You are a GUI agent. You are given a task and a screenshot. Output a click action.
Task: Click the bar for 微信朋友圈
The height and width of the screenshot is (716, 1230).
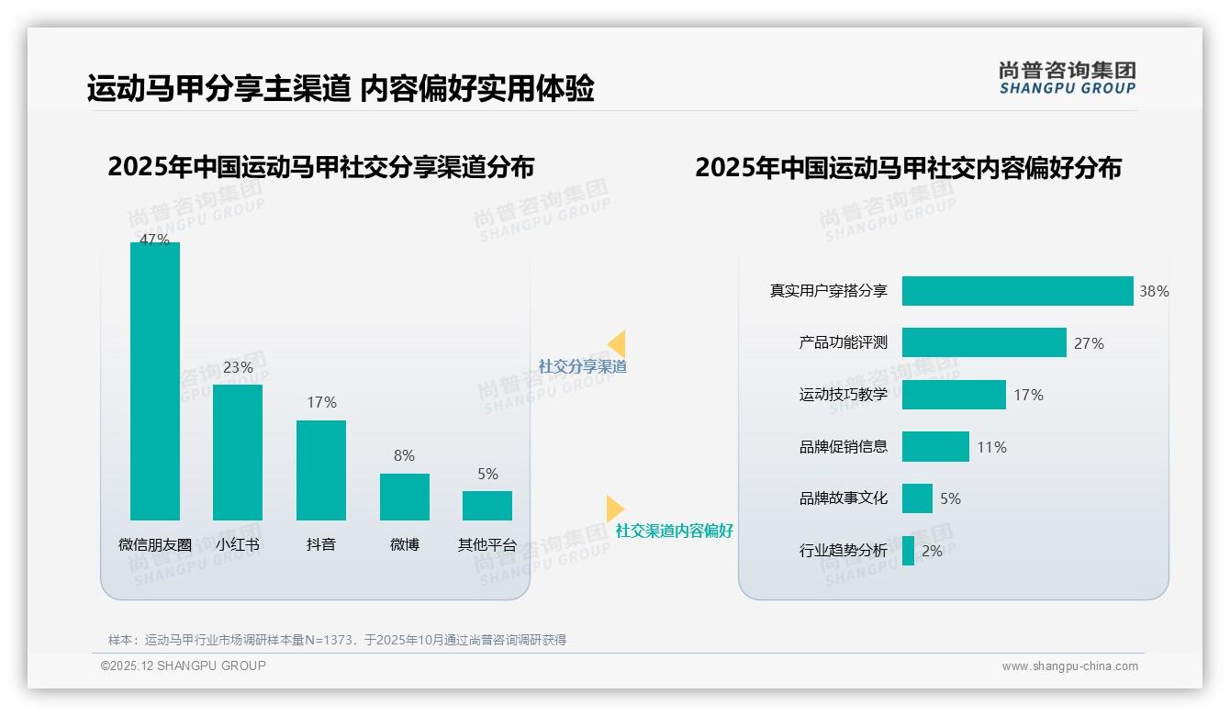pyautogui.click(x=155, y=381)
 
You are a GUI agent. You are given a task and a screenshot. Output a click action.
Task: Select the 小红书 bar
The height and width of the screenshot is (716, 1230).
pyautogui.click(x=238, y=452)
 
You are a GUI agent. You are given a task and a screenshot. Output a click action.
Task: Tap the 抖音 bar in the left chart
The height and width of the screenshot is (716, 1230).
pyautogui.click(x=321, y=470)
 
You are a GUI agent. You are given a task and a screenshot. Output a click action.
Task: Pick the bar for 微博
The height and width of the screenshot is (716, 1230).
pyautogui.click(x=405, y=497)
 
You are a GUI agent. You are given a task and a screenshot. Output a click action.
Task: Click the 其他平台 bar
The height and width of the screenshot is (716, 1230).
pyautogui.click(x=487, y=506)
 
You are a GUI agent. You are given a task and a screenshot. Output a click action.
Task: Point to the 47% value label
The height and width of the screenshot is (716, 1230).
pyautogui.click(x=154, y=240)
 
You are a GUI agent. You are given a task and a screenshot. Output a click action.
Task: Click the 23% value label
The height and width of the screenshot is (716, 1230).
pyautogui.click(x=238, y=367)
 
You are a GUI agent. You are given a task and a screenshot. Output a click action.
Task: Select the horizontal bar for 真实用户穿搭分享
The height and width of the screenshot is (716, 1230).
pyautogui.click(x=1017, y=291)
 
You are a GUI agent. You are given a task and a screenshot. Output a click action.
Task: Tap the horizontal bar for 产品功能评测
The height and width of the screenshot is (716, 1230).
pyautogui.click(x=984, y=342)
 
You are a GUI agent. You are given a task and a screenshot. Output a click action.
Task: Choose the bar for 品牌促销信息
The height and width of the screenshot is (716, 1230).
pyautogui.click(x=935, y=447)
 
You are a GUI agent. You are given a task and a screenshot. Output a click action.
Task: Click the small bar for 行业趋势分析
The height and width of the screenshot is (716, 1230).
pyautogui.click(x=908, y=551)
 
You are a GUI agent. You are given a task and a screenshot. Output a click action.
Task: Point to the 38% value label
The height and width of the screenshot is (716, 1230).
pyautogui.click(x=1154, y=292)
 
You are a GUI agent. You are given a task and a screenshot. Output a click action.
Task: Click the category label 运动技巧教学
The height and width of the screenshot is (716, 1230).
pyautogui.click(x=843, y=395)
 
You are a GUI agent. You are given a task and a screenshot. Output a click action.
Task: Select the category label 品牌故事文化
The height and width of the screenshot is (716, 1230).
pyautogui.click(x=843, y=498)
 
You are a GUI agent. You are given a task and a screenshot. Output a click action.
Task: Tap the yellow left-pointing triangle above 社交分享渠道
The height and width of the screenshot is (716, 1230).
pyautogui.click(x=617, y=344)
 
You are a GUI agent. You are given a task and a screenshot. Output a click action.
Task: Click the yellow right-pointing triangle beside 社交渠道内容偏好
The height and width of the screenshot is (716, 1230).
pyautogui.click(x=615, y=509)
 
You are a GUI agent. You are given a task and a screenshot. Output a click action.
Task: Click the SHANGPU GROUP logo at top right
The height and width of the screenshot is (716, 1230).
pyautogui.click(x=1067, y=78)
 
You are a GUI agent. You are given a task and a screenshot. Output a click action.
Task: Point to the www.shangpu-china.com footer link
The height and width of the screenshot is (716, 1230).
pyautogui.click(x=1069, y=666)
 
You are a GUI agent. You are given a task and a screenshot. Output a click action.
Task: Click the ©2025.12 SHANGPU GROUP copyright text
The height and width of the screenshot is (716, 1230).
pyautogui.click(x=184, y=666)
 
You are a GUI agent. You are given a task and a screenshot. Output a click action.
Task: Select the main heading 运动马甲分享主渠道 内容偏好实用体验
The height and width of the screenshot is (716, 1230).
pyautogui.click(x=341, y=88)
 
